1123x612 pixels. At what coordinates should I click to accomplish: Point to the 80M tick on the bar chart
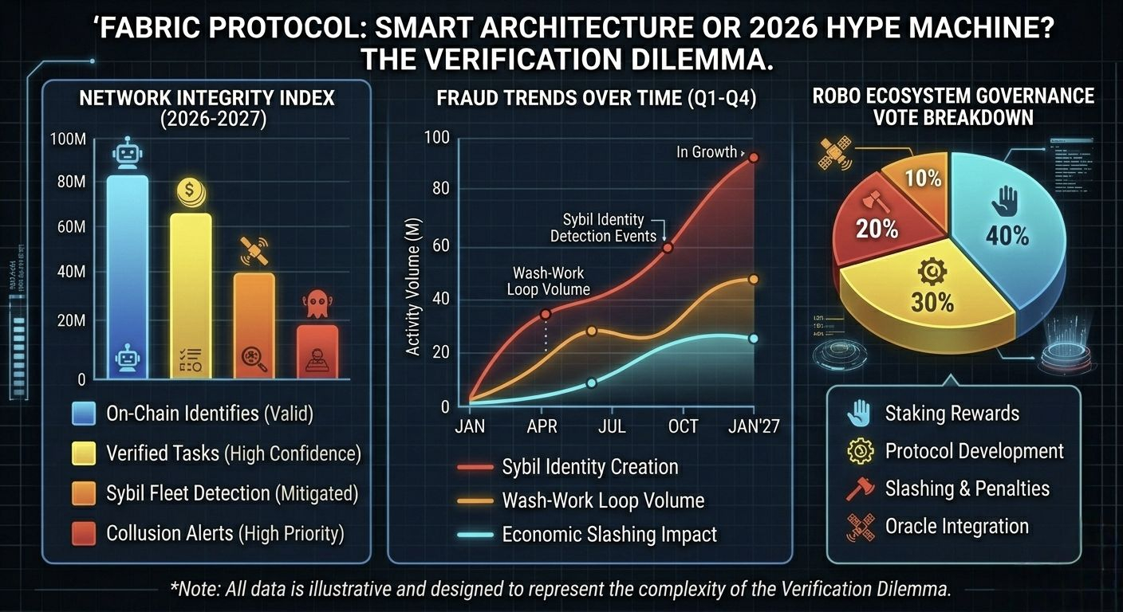(67, 182)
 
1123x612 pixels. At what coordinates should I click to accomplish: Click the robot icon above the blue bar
(128, 153)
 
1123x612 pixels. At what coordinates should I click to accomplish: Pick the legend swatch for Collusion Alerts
(84, 533)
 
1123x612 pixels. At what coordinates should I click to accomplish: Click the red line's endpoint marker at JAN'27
(753, 158)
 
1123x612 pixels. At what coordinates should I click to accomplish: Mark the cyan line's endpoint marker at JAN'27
(753, 339)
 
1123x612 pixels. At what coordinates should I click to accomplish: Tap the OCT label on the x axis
(683, 426)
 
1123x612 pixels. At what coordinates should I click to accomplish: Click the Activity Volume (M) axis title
(413, 287)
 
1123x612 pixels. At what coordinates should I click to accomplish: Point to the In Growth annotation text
(707, 152)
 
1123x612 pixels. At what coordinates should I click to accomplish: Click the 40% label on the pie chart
(1008, 237)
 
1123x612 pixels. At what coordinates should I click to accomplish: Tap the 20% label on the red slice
(877, 229)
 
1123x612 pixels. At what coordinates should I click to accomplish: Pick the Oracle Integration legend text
(956, 527)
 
